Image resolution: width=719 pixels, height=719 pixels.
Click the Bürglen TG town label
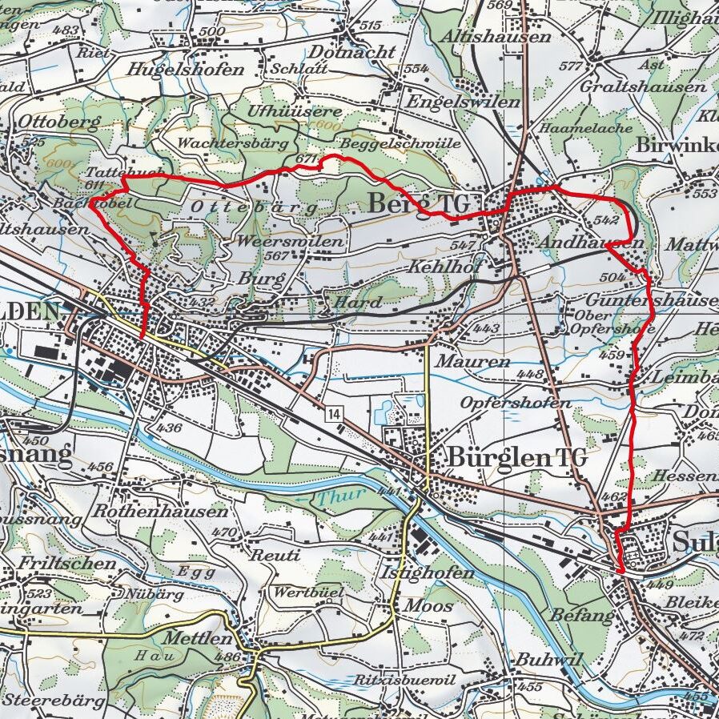tap(518, 458)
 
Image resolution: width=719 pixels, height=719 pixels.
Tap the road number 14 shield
tap(333, 413)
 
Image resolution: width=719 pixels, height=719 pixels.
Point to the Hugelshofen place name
tap(186, 70)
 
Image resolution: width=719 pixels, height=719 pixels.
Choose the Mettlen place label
tap(196, 639)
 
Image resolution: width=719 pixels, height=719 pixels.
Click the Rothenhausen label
tap(160, 511)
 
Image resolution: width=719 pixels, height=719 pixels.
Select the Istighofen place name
tap(428, 572)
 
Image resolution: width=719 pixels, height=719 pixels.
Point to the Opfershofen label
tap(516, 403)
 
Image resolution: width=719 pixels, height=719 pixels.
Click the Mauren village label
tap(472, 362)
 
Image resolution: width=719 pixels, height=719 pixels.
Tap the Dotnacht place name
tap(351, 52)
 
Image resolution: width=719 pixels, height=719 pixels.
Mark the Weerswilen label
tap(291, 241)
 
